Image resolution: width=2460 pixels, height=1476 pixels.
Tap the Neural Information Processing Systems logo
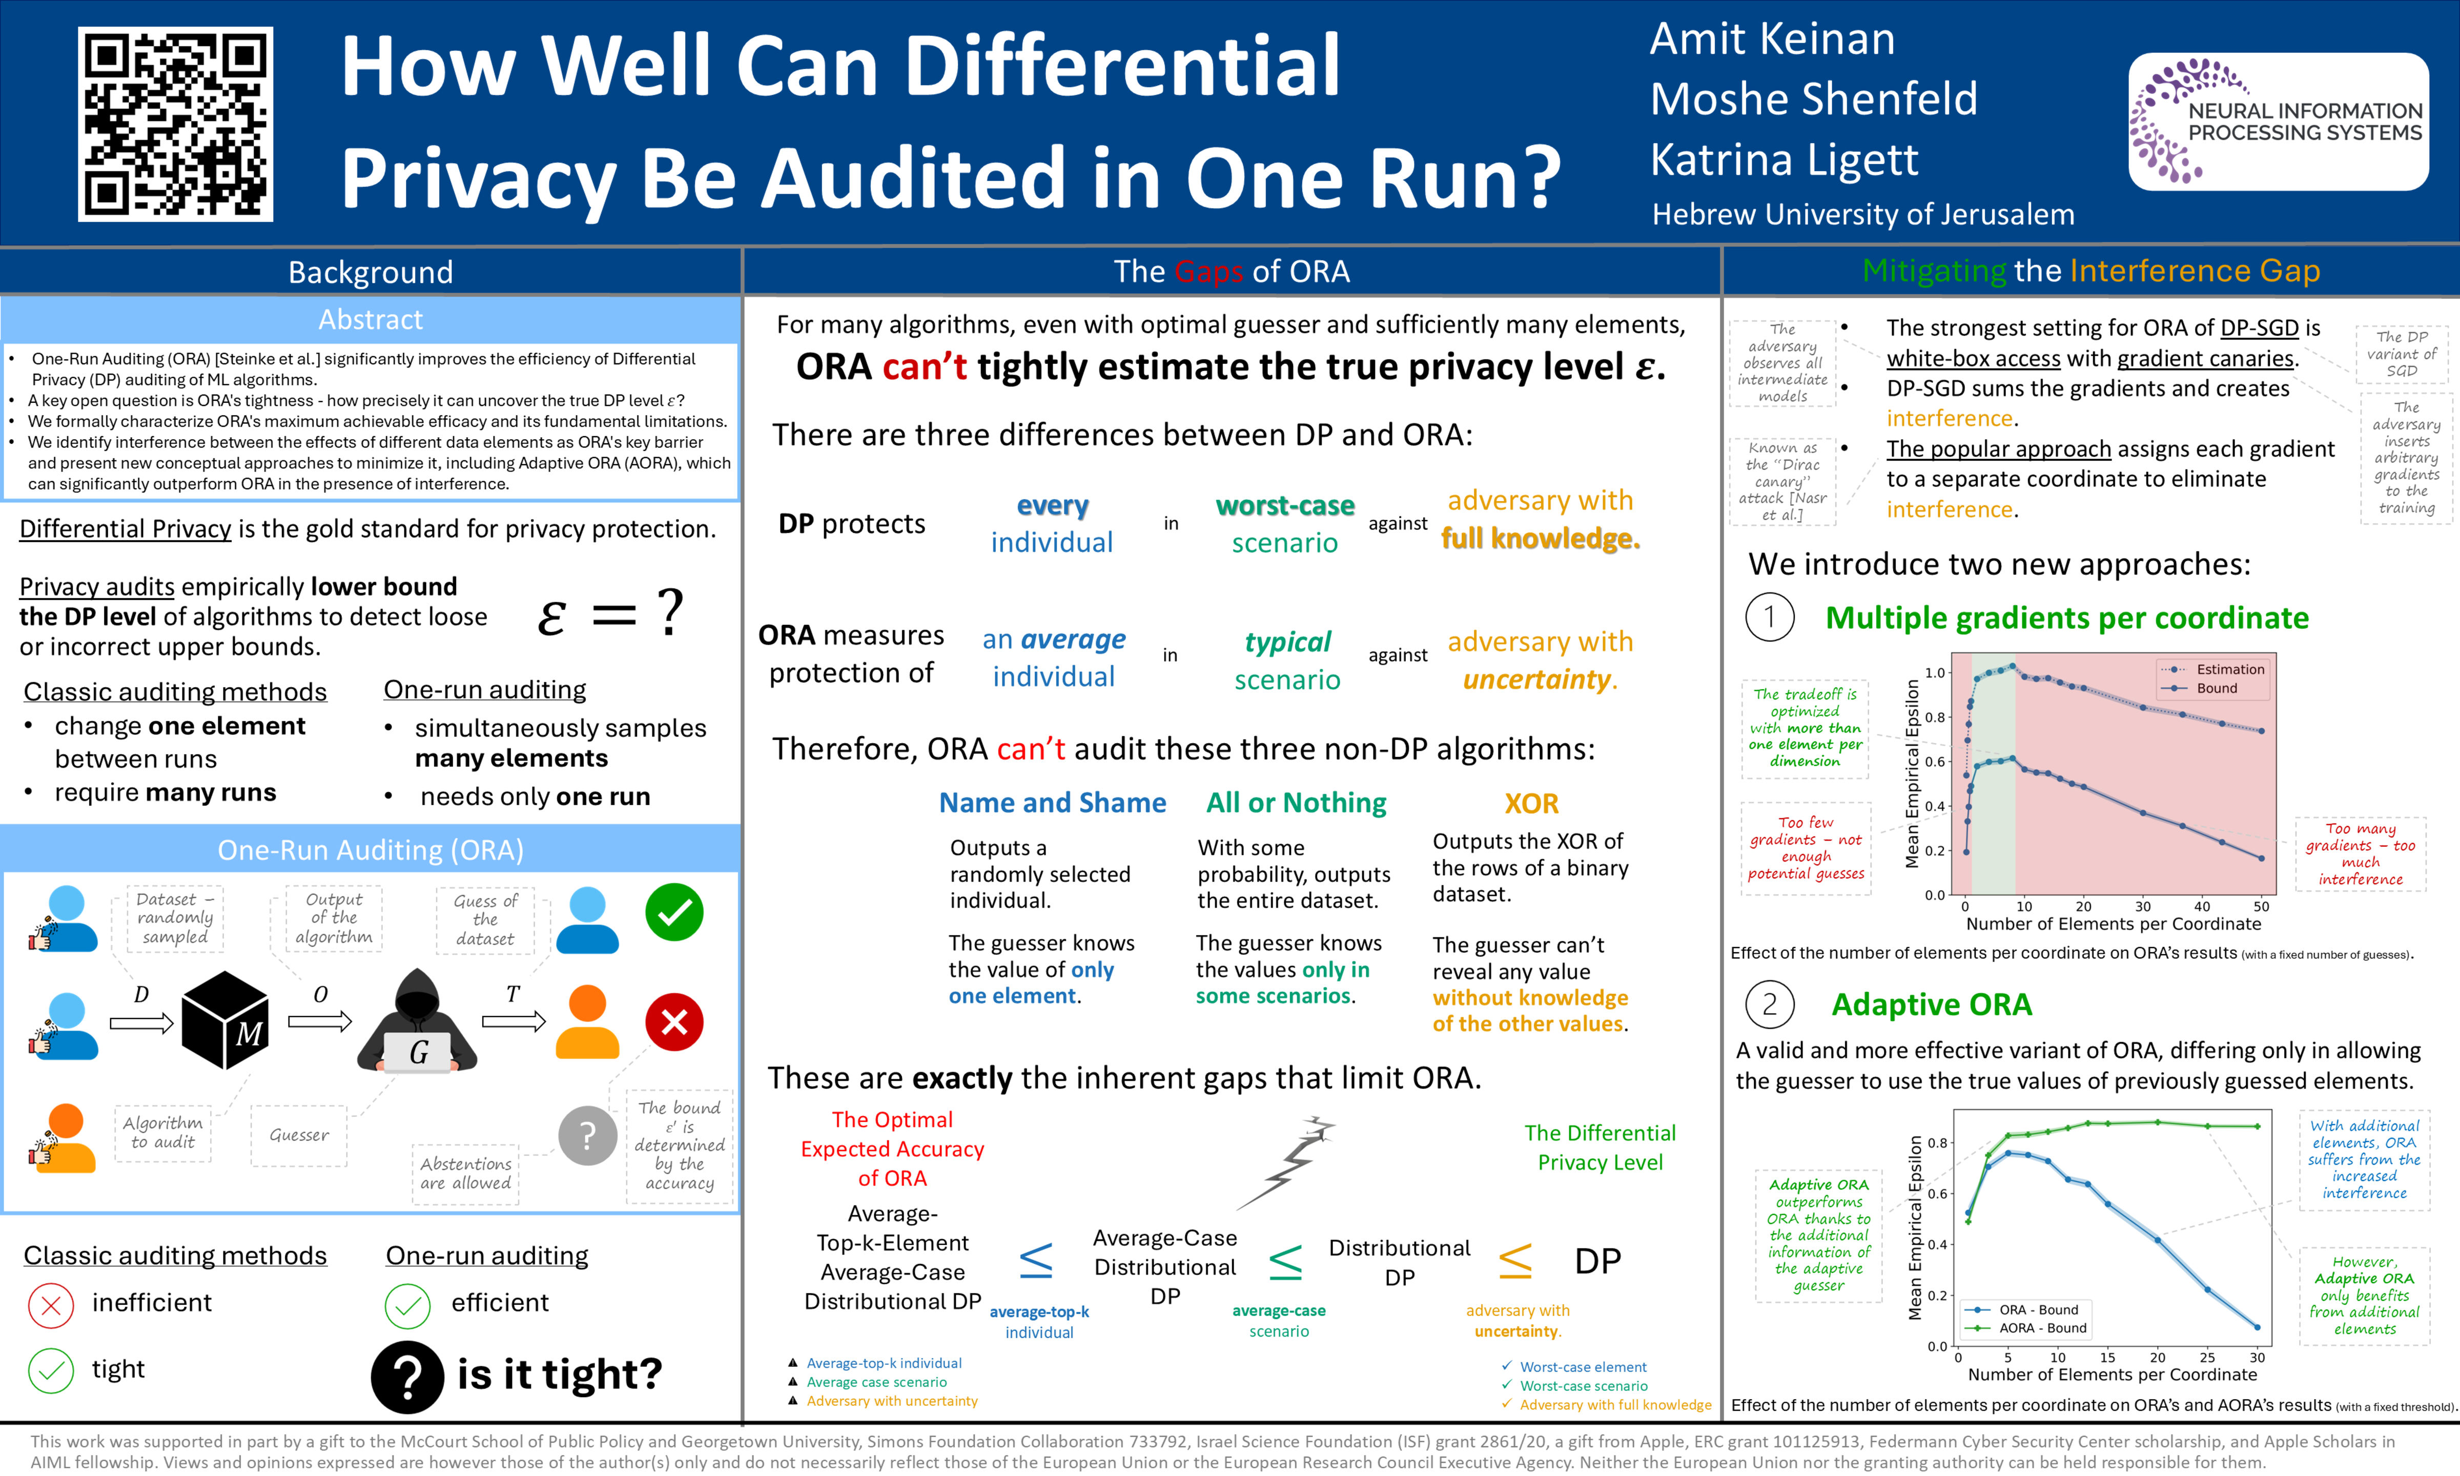[x=2278, y=121]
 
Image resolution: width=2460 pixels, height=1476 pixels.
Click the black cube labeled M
[x=225, y=1020]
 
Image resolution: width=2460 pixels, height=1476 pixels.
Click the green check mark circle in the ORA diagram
[x=674, y=912]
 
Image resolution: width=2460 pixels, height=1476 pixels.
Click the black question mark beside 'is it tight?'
[x=407, y=1377]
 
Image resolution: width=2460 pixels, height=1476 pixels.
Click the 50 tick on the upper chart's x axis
[x=2261, y=906]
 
